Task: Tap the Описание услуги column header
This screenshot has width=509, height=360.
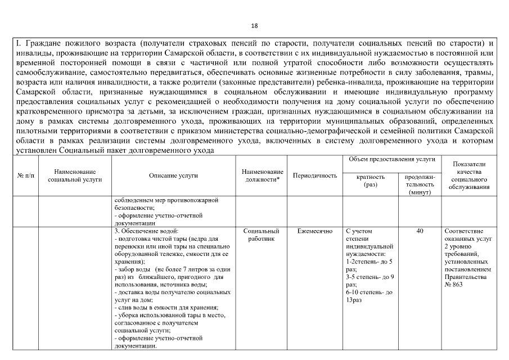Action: point(174,175)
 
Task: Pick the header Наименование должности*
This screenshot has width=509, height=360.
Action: point(262,175)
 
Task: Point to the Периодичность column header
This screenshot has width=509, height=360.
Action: point(315,175)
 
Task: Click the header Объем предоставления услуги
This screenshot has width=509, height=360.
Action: point(393,160)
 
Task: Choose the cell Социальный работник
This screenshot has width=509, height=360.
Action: point(262,235)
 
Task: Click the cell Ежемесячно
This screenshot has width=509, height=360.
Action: point(315,231)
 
